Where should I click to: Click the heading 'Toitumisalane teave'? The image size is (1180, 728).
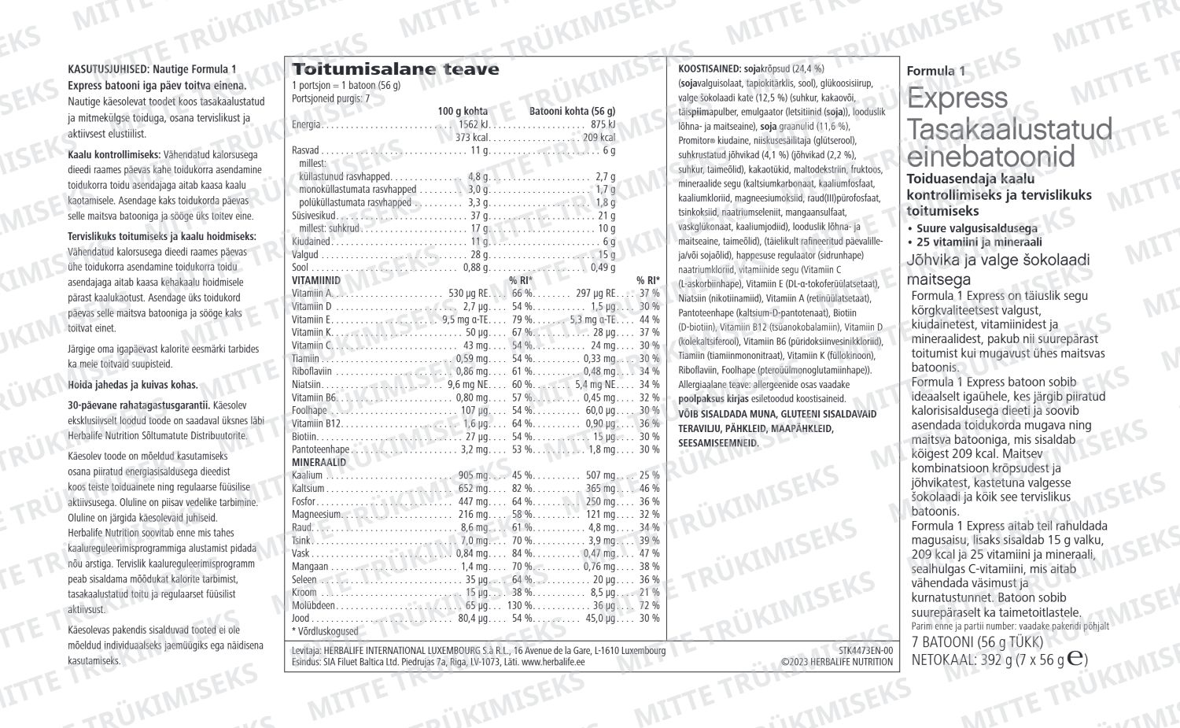pos(395,69)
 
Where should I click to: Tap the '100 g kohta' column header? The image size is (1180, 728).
pos(463,111)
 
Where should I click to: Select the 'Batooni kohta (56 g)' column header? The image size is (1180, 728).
pos(572,111)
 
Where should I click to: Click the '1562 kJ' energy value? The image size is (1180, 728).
pos(474,124)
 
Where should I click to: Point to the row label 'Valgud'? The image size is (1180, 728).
pos(305,255)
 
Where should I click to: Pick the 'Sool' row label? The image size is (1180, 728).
pos(300,268)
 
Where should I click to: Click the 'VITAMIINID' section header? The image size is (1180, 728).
pos(316,280)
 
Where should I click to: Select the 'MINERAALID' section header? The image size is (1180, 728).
pos(319,462)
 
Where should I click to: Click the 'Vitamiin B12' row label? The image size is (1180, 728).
pos(316,423)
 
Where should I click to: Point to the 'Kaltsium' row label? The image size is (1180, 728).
pos(308,488)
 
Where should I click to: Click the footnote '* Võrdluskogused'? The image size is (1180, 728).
pos(325,631)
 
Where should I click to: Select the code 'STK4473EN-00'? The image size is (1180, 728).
pos(866,651)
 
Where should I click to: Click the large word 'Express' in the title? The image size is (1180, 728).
pos(957,98)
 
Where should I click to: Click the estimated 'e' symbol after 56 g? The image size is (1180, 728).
pos(1075,659)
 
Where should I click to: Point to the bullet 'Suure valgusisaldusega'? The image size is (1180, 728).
pos(976,228)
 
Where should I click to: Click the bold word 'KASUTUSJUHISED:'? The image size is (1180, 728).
pos(109,70)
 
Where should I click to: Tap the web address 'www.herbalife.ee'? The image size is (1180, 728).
pos(553,662)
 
